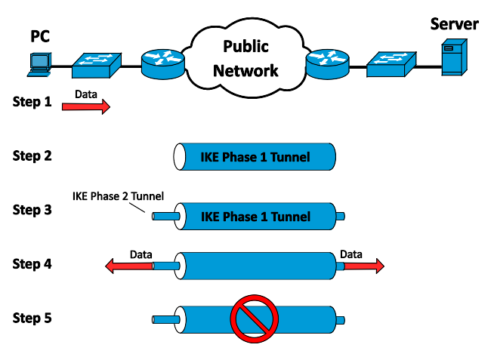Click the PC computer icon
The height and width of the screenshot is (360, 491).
(x=39, y=65)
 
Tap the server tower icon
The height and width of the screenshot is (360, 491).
(x=454, y=57)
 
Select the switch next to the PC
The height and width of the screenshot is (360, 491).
(x=97, y=66)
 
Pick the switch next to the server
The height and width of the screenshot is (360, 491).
(x=391, y=64)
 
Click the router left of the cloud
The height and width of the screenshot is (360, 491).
(x=163, y=64)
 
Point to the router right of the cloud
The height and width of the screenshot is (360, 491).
(x=328, y=64)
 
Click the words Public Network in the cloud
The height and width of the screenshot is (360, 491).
(x=246, y=58)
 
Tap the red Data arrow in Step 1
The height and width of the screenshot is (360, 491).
(x=86, y=106)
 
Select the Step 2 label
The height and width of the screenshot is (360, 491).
(x=32, y=155)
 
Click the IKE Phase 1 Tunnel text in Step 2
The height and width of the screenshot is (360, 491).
(x=255, y=157)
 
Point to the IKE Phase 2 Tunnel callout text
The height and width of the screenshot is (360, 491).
(x=118, y=196)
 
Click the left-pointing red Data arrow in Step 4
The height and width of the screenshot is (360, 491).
(x=129, y=266)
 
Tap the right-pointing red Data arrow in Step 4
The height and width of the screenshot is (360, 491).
(x=364, y=266)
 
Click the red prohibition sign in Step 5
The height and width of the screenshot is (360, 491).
(x=255, y=318)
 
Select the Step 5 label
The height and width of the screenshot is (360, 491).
(x=32, y=318)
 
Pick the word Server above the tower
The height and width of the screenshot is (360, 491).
(x=454, y=24)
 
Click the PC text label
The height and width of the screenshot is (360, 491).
(x=40, y=36)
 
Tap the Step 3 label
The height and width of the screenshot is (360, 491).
(x=32, y=210)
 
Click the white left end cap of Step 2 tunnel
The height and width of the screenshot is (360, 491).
(x=180, y=157)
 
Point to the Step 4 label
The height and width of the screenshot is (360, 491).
(x=32, y=264)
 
